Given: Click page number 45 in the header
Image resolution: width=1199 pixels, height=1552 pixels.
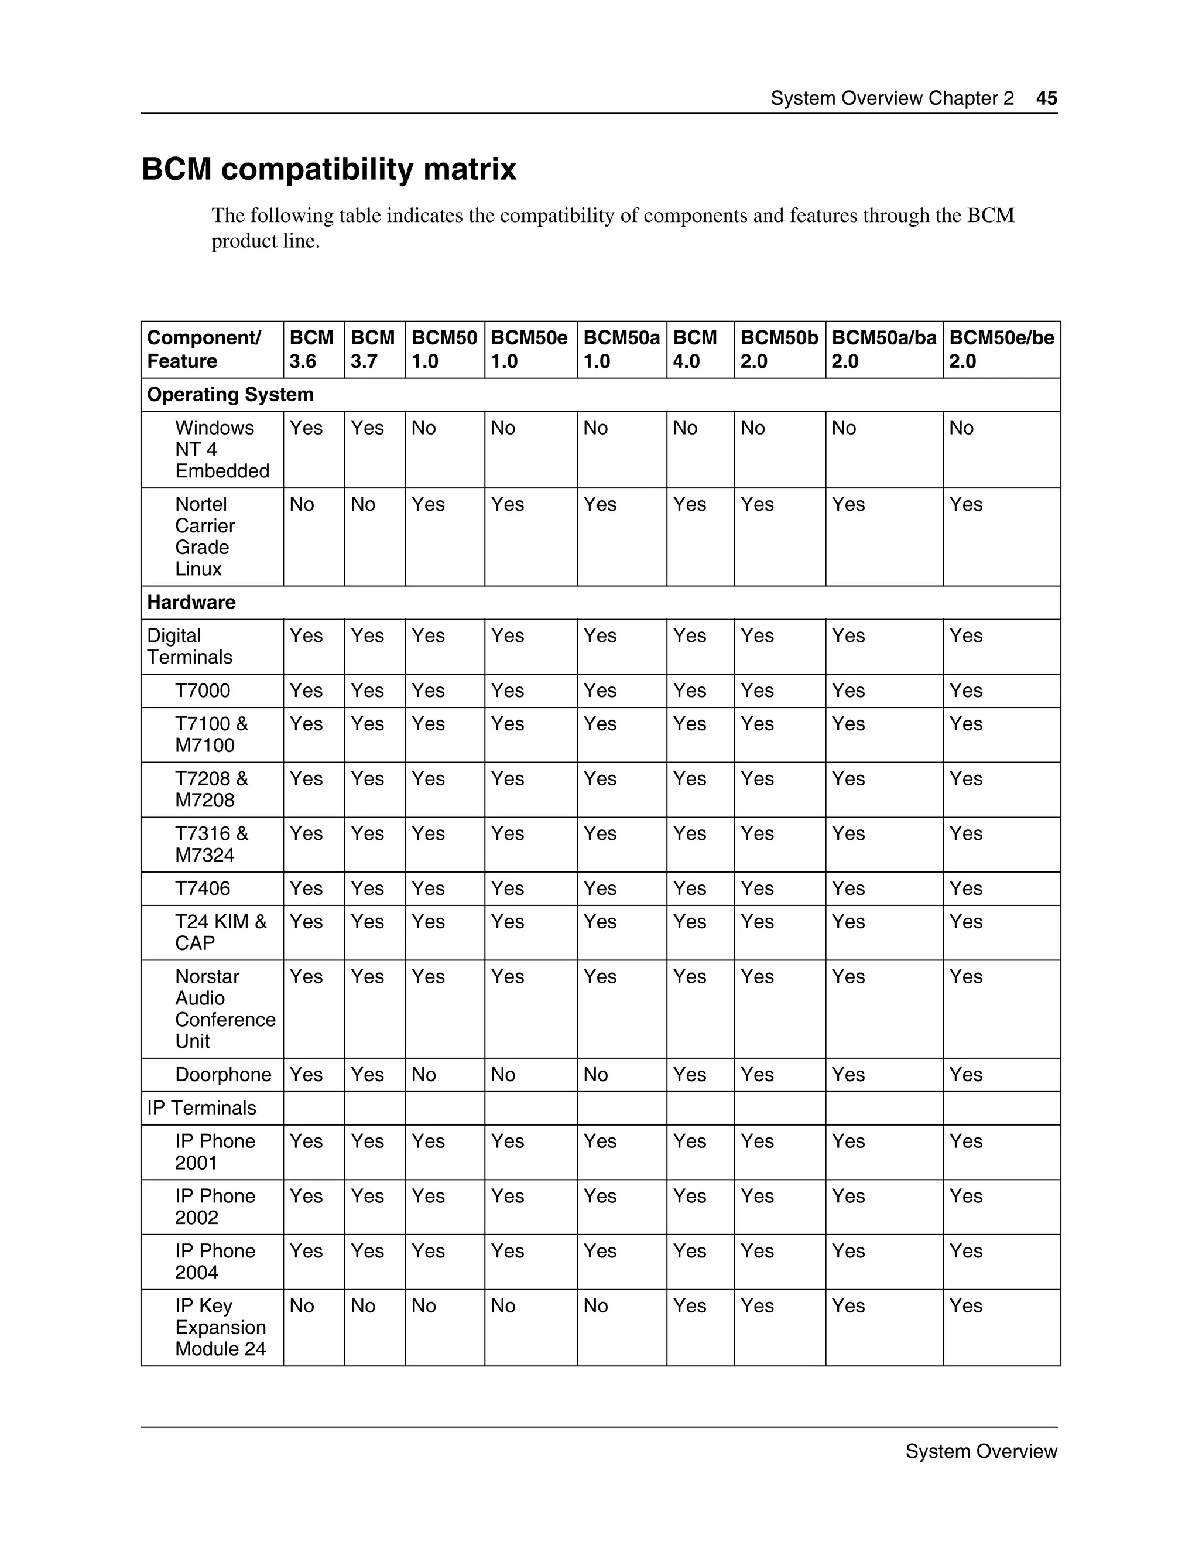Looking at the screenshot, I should pos(1046,98).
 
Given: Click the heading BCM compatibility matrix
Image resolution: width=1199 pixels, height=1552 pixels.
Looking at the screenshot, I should pos(329,170).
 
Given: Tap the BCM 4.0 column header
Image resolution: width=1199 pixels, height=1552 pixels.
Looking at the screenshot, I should pos(695,349).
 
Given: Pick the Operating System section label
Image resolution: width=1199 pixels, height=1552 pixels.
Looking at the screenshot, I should pos(230,394).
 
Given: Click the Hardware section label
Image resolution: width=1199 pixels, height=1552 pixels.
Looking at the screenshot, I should pos(191,602).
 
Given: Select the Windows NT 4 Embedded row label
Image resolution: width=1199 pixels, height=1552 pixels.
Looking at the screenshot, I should pos(222,449).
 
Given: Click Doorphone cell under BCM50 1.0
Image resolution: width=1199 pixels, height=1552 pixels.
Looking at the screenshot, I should pos(424,1075).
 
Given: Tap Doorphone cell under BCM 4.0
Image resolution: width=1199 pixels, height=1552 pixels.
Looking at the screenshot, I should pos(689,1075).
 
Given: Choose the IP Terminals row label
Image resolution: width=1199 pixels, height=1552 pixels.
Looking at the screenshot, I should pos(202,1108).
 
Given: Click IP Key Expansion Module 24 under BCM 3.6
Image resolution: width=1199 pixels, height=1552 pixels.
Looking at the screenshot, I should pos(302,1305).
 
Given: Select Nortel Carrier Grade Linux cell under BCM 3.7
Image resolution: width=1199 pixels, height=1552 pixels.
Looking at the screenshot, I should pos(363,504).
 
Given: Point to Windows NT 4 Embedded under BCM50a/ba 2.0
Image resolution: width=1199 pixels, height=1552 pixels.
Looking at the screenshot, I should pos(844,428).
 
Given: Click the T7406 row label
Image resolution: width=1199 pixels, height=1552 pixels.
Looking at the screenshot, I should pos(203,888).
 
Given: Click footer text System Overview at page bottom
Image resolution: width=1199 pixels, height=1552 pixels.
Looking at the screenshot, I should pos(981,1451).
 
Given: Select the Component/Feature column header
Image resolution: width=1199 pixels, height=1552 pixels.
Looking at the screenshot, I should pos(204,349).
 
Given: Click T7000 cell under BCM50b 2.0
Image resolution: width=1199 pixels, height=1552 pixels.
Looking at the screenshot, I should pos(757,690).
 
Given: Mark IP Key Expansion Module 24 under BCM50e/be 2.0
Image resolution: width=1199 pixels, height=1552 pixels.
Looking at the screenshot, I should pos(965,1305).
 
